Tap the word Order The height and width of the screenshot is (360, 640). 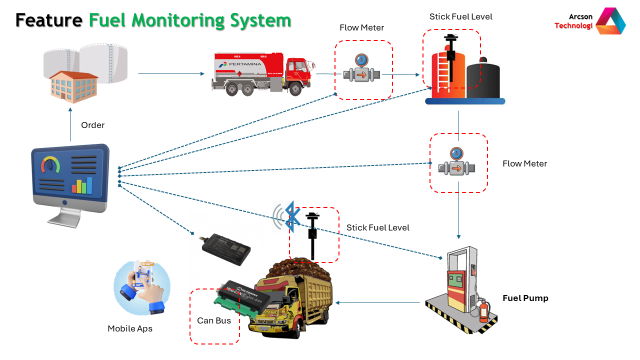point(93,125)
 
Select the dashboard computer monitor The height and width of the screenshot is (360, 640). point(70,180)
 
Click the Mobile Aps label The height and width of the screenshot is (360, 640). point(130,328)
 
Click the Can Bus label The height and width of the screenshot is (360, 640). point(214,320)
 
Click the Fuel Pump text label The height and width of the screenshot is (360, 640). point(525,298)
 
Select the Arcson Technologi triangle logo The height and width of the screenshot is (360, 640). point(610,21)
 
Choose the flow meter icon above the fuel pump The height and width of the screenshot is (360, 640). point(456,162)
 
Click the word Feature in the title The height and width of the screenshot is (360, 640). point(48,20)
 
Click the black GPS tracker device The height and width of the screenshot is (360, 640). point(226,248)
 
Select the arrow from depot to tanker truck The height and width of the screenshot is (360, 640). point(171,74)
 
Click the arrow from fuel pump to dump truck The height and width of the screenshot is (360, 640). point(378,302)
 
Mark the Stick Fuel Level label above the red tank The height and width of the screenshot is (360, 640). point(460,16)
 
